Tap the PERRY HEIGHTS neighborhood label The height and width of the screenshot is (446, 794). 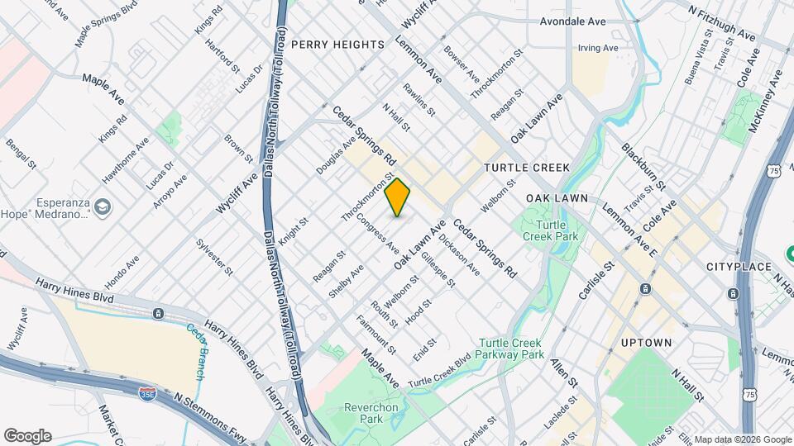pyautogui.click(x=338, y=45)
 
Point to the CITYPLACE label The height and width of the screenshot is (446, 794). pyautogui.click(x=739, y=267)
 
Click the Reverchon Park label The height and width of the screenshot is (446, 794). pyautogui.click(x=360, y=413)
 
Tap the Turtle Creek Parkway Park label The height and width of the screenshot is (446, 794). pyautogui.click(x=511, y=349)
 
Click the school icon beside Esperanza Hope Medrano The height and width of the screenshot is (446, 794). pyautogui.click(x=103, y=206)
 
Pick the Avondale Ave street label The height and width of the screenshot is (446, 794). pyautogui.click(x=572, y=22)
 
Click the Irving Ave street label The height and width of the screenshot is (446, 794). pyautogui.click(x=598, y=49)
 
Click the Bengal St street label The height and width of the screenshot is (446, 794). pyautogui.click(x=22, y=154)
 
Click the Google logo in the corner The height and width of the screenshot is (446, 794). pyautogui.click(x=27, y=435)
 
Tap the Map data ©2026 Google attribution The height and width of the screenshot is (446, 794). pyautogui.click(x=742, y=439)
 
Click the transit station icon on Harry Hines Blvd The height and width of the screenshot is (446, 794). pyautogui.click(x=158, y=314)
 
